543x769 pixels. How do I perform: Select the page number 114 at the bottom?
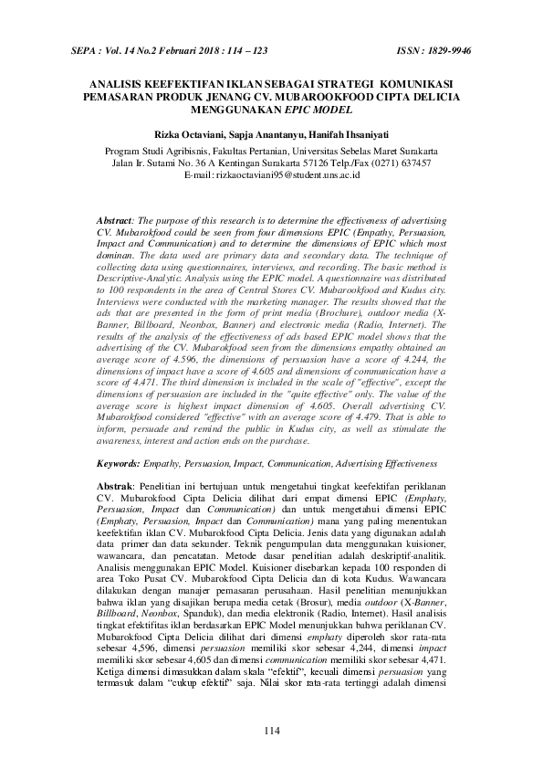271,729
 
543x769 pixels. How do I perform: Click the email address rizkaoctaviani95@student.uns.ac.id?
284,174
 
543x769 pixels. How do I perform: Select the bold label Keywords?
118,465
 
